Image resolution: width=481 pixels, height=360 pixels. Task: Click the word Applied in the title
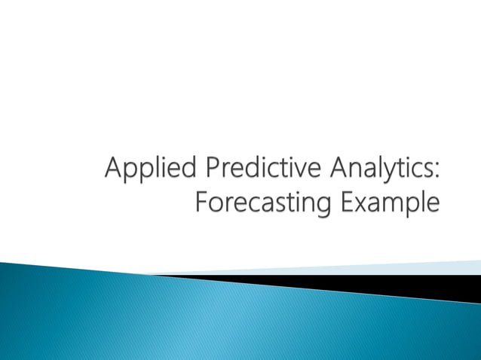142,168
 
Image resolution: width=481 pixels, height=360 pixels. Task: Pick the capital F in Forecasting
201,202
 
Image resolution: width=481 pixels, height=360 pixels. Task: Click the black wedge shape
392,287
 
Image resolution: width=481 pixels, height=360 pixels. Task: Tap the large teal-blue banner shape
188,316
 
